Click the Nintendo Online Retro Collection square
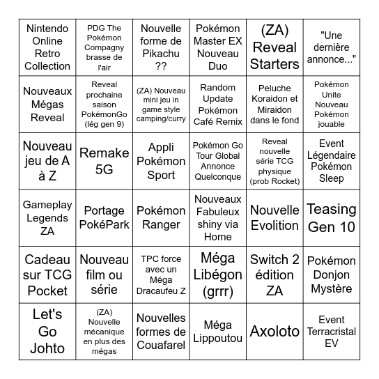pyautogui.click(x=47, y=47)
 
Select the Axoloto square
pyautogui.click(x=274, y=331)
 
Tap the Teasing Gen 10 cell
pyautogui.click(x=331, y=217)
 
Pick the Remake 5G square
pyautogui.click(x=104, y=161)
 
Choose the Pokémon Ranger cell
pyautogui.click(x=161, y=217)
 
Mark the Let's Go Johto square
pyautogui.click(x=47, y=331)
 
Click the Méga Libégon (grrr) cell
pyautogui.click(x=217, y=274)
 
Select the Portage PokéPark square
pyautogui.click(x=104, y=217)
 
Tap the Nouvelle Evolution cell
pyautogui.click(x=274, y=217)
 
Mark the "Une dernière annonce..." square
pyautogui.click(x=331, y=47)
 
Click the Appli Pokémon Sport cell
pyautogui.click(x=161, y=161)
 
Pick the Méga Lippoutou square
pyautogui.click(x=217, y=331)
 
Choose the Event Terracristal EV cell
pyautogui.click(x=331, y=331)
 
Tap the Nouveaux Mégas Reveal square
pyautogui.click(x=47, y=105)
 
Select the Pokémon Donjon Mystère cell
pyautogui.click(x=331, y=274)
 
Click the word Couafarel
pyautogui.click(x=161, y=344)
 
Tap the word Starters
pyautogui.click(x=274, y=63)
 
